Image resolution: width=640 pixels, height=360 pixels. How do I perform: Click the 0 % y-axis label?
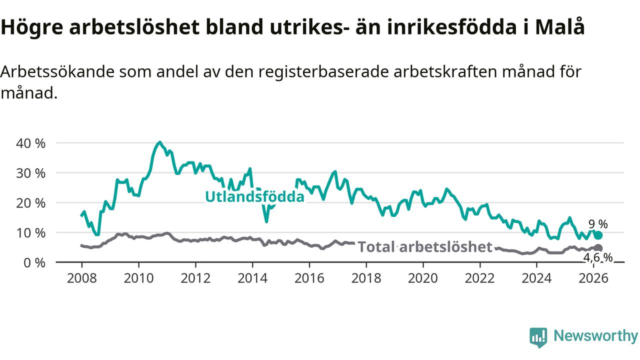click(x=35, y=262)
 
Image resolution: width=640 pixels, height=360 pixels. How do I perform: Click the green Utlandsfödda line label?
click(x=254, y=197)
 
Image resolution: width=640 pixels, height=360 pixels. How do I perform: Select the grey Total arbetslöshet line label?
click(x=425, y=246)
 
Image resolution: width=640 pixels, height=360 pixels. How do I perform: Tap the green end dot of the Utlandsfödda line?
click(x=598, y=235)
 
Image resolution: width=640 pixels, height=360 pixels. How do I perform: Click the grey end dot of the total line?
click(x=598, y=248)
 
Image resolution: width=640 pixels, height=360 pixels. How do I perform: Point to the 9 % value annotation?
click(x=597, y=224)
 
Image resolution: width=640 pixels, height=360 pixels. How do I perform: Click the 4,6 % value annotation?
click(x=597, y=257)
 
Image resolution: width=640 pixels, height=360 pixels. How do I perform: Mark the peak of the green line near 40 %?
click(x=159, y=142)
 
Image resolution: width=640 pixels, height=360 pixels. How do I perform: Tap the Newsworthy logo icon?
click(x=538, y=337)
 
